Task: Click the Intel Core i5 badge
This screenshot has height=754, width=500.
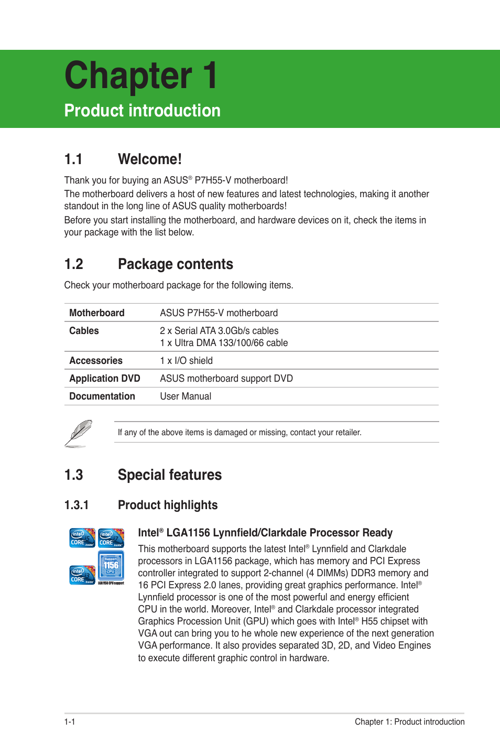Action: point(82,538)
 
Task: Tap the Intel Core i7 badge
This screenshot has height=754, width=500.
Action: point(111,538)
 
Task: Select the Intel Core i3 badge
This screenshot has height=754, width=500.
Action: point(82,575)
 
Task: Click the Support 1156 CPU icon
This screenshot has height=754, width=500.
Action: point(111,567)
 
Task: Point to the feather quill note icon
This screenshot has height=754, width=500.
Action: point(79,433)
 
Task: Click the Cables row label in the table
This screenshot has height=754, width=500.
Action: point(84,331)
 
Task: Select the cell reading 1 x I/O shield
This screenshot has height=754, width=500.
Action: point(187,361)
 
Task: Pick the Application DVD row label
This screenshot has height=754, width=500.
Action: point(105,379)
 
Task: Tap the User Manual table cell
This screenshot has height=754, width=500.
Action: point(186,396)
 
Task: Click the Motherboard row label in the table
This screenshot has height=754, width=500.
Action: point(97,313)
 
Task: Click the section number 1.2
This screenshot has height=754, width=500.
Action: point(74,264)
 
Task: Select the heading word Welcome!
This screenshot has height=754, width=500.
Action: point(150,159)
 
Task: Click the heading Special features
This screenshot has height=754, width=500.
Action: point(170,475)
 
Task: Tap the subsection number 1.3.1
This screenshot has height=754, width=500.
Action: point(77,505)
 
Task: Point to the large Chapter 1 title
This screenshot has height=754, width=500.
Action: point(140,76)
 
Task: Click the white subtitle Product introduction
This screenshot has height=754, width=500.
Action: point(142,111)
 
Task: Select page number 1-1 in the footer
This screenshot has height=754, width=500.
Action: point(70,722)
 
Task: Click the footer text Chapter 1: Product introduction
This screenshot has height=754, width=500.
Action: point(409,722)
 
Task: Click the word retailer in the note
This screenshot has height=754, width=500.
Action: point(347,433)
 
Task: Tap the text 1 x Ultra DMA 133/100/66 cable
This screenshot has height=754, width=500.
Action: point(224,343)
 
